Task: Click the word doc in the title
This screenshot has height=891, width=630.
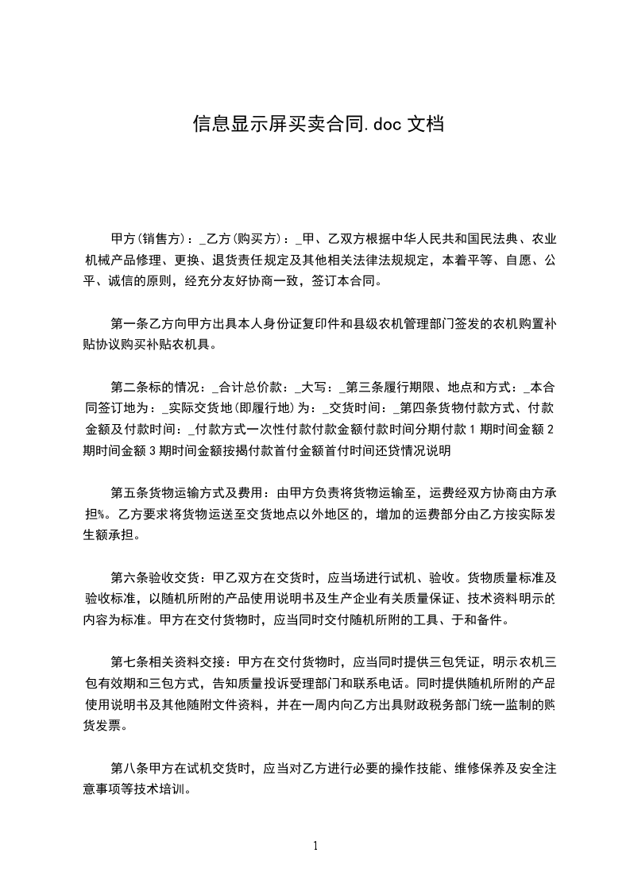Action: point(387,124)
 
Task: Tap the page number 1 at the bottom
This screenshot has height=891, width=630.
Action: point(315,845)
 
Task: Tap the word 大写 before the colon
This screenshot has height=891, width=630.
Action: point(314,388)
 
